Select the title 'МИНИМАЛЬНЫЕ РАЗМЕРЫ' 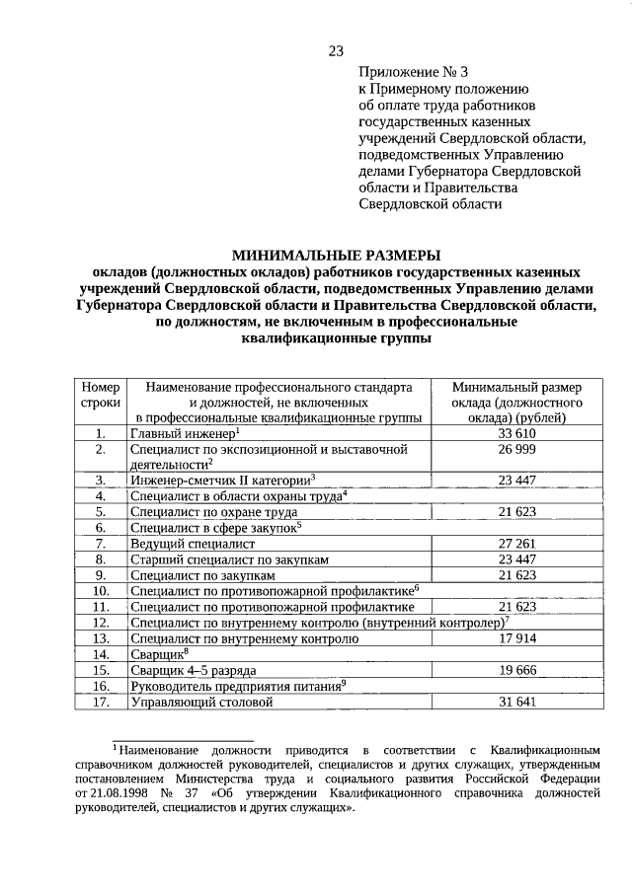pos(336,254)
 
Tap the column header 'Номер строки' pos(100,395)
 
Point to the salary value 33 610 pos(517,433)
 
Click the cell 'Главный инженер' pos(183,433)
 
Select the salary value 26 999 pos(517,449)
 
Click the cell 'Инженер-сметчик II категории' pos(219,480)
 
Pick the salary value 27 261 pos(517,543)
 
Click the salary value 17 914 pos(517,638)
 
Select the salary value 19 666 pos(517,670)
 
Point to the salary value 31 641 pos(517,702)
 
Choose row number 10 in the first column pos(100,590)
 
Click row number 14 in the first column pos(100,654)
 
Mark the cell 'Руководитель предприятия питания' pos(237,686)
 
